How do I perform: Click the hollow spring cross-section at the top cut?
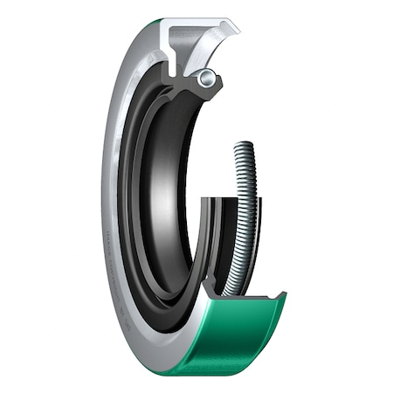pyautogui.click(x=205, y=78)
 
